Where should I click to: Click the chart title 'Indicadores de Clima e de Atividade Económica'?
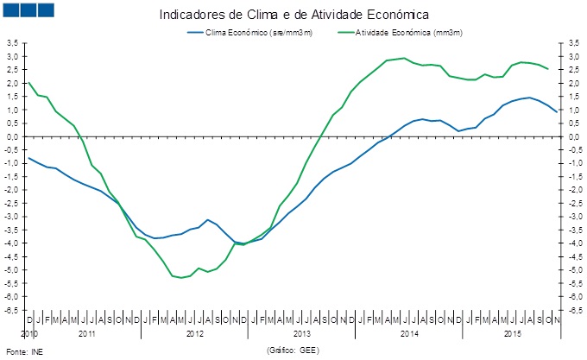tap(293, 16)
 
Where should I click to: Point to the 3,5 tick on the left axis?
tap(12, 43)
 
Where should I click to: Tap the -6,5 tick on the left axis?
tap(12, 310)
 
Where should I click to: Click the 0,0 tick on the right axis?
tap(569, 136)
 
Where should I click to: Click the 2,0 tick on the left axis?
tap(12, 83)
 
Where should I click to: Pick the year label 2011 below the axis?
tap(86, 332)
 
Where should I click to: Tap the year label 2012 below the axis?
tap(194, 332)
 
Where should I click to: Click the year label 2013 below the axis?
tap(302, 332)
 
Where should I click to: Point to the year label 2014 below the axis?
tap(409, 332)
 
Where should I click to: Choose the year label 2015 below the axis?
tap(512, 332)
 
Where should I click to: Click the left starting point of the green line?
tap(30, 83)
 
